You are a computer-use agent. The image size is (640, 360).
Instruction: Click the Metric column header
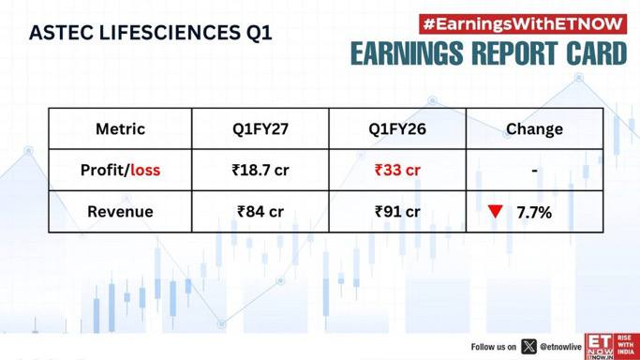[120, 129]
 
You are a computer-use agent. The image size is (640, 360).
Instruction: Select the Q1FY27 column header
[260, 129]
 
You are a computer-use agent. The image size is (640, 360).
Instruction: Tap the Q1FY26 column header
[397, 129]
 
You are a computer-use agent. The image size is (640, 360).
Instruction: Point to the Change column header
[534, 129]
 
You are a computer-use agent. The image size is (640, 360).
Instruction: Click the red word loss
[145, 170]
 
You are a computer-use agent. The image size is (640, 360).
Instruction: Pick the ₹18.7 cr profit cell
[260, 170]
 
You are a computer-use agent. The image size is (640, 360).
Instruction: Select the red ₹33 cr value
[397, 170]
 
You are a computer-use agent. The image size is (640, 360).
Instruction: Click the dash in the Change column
[534, 171]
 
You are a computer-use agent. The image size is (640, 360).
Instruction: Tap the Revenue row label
[120, 212]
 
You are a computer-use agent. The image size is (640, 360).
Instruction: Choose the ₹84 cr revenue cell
[260, 212]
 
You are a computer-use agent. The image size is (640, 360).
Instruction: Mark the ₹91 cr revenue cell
[397, 212]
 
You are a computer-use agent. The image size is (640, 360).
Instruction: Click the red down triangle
[495, 211]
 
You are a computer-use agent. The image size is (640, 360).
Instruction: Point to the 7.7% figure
[534, 212]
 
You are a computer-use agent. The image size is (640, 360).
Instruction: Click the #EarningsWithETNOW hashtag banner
[523, 24]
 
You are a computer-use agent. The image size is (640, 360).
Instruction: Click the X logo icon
[529, 347]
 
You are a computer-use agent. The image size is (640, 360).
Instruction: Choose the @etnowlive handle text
[560, 347]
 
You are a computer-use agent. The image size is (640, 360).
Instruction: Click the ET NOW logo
[612, 346]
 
